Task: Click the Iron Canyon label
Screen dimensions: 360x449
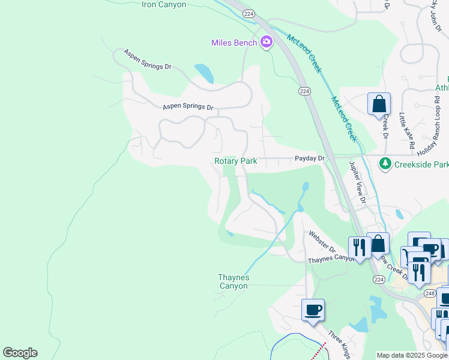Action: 164,5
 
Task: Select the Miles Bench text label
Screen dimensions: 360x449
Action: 235,43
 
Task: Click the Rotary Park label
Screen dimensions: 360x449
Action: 236,161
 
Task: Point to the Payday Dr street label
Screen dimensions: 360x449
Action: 309,158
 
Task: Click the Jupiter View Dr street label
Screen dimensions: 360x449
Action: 357,182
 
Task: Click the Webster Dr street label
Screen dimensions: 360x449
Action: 321,242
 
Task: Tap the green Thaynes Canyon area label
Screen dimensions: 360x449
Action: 233,281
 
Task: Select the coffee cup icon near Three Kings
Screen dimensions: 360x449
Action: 313,310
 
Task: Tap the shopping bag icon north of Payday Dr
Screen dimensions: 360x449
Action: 379,104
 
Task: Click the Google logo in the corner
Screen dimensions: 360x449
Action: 20,353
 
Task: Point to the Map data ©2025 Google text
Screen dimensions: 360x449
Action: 412,355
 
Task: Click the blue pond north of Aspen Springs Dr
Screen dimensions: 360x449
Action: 204,73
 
